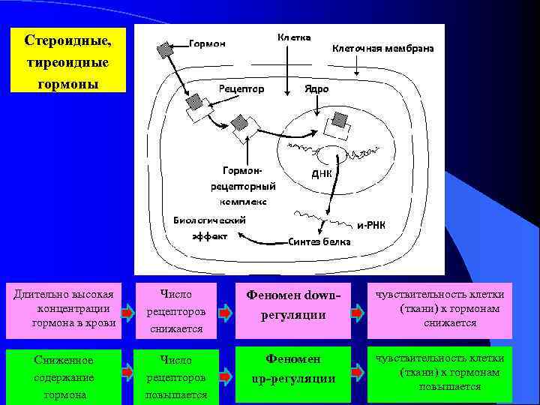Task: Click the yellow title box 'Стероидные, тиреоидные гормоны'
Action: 67,61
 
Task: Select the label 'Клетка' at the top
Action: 294,37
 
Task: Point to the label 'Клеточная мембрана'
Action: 382,48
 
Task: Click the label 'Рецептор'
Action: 241,89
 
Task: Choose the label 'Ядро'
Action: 316,88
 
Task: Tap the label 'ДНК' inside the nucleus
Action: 321,173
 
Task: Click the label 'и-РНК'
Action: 370,225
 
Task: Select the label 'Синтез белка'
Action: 319,241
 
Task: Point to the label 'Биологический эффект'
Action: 209,227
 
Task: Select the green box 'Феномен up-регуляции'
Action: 293,370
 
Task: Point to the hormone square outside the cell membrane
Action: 164,51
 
